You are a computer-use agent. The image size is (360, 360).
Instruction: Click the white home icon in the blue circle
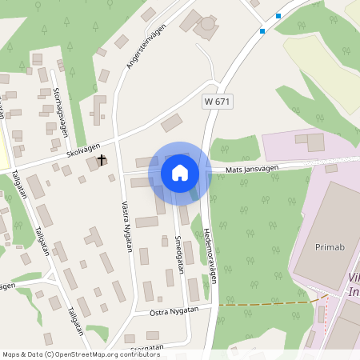(x=180, y=173)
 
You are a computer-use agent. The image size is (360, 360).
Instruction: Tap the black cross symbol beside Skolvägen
(x=102, y=160)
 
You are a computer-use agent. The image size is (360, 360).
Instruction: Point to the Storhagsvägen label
(x=58, y=111)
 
